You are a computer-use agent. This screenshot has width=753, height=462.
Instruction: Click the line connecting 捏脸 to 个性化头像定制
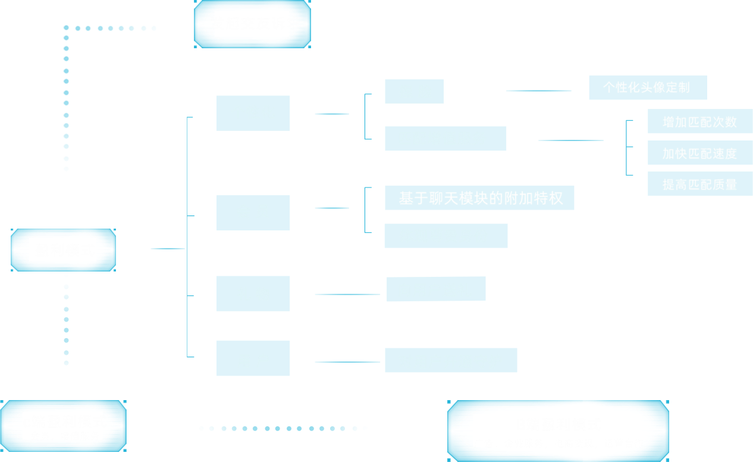coord(538,91)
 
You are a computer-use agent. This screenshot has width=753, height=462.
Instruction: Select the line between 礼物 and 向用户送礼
coord(347,294)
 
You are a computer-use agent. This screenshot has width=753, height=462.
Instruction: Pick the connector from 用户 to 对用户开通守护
coord(347,362)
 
